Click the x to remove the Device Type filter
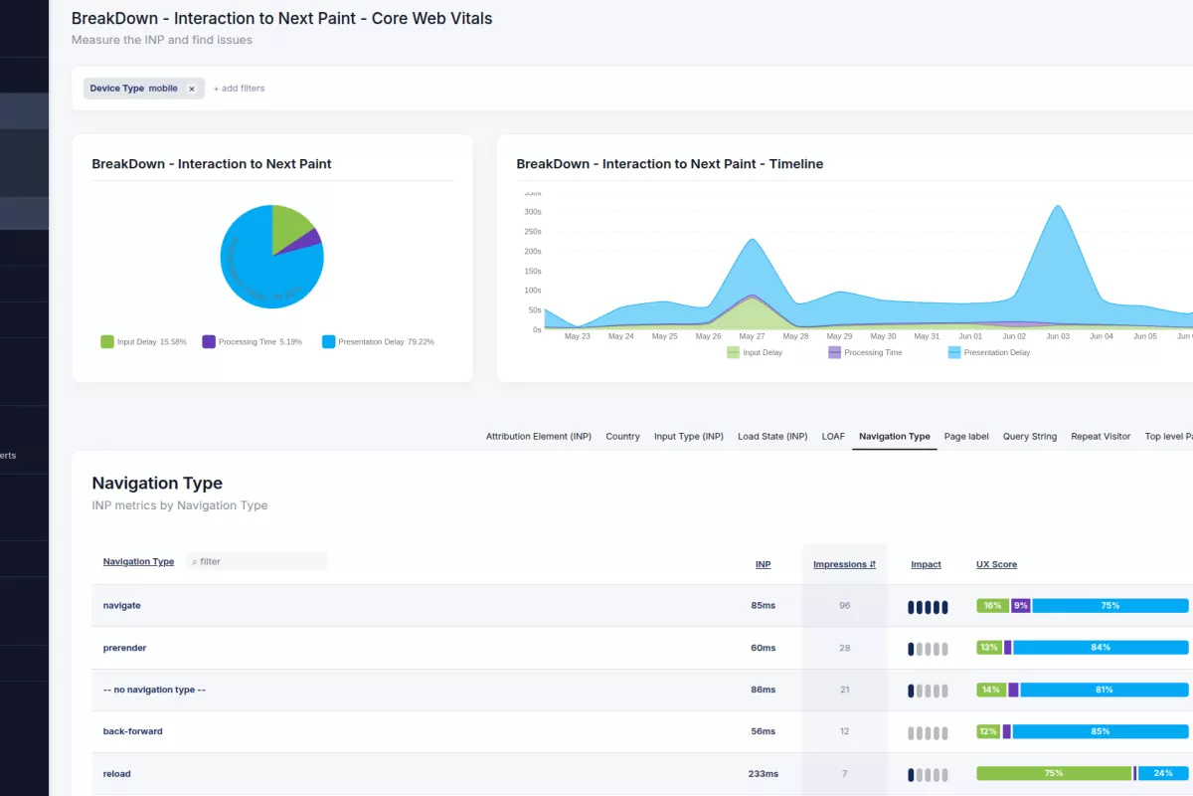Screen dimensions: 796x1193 click(x=192, y=89)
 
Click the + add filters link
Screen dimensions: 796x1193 click(x=239, y=89)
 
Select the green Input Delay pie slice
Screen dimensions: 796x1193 click(x=290, y=225)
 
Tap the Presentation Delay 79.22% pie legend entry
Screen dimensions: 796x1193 click(x=378, y=342)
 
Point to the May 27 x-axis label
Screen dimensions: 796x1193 click(x=753, y=336)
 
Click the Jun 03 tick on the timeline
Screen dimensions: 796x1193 click(x=1058, y=336)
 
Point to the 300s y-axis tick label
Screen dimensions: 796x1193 click(x=532, y=212)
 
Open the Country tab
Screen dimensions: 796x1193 click(x=622, y=437)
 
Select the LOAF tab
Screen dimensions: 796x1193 click(x=833, y=437)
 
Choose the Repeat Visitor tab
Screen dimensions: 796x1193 click(x=1101, y=437)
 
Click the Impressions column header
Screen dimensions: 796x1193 click(x=844, y=564)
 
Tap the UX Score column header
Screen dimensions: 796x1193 click(x=996, y=564)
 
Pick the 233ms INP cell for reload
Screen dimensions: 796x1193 click(x=763, y=773)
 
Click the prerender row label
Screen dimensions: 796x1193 click(x=124, y=648)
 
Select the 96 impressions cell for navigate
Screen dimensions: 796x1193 click(x=844, y=605)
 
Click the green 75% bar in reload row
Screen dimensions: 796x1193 click(x=1054, y=773)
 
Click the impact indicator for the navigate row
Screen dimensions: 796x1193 click(x=927, y=607)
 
